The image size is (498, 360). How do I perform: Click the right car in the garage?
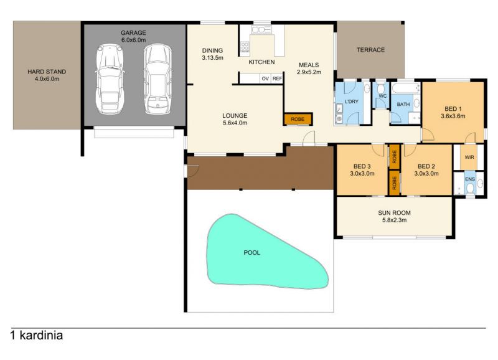pos(157,79)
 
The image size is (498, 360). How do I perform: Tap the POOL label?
pos(252,253)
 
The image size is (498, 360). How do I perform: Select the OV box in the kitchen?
pos(265,78)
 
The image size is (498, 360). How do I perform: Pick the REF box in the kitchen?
pos(277,78)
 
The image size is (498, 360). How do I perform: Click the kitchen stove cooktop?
pos(245,47)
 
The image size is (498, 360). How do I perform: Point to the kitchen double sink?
pos(261,30)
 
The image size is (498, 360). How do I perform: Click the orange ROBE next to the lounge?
pos(298,119)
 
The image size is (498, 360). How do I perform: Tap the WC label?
pos(383,96)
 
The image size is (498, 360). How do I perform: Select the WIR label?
pos(469,158)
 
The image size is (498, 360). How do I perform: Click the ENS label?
pos(470,179)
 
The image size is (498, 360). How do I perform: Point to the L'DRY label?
pos(351,102)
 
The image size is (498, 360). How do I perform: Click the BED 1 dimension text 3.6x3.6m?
pos(453,116)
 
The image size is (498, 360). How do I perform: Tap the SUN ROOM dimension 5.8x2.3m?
pos(394,220)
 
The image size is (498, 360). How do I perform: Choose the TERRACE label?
pos(370,50)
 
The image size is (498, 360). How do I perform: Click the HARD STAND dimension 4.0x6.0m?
pos(47,79)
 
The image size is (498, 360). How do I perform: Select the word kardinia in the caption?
pos(41,335)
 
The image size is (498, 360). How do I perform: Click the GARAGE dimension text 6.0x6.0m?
pos(133,40)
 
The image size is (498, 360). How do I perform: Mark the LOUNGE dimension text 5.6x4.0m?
pos(235,123)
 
